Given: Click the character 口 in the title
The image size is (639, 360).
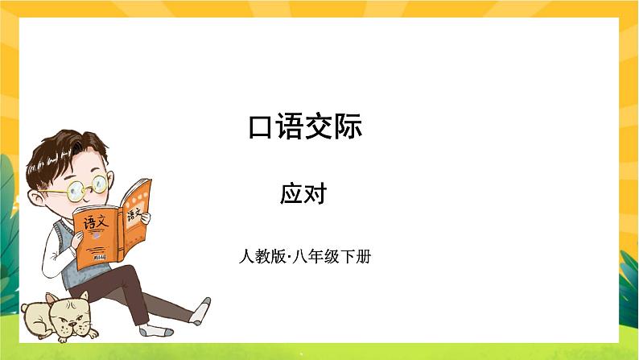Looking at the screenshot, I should pyautogui.click(x=262, y=128).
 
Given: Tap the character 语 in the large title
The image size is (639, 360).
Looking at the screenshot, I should pyautogui.click(x=291, y=128).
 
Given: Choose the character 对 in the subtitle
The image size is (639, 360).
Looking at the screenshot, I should pyautogui.click(x=315, y=193).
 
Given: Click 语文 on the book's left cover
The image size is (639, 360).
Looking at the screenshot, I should pyautogui.click(x=93, y=219).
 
